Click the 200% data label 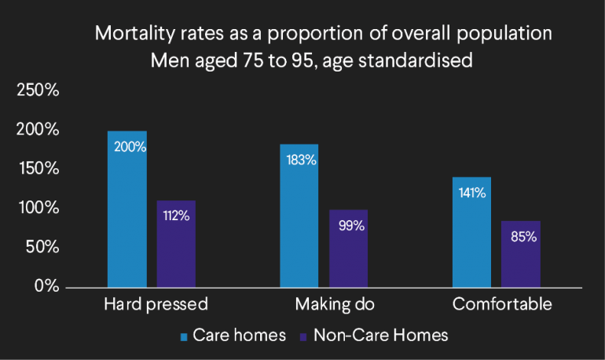[x=128, y=146]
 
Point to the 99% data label [x=349, y=226]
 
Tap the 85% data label [x=521, y=237]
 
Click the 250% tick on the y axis [x=38, y=90]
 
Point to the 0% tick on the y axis [x=46, y=286]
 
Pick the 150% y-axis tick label [x=38, y=169]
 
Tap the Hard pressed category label [x=155, y=304]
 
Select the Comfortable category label [x=497, y=304]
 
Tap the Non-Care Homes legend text [x=380, y=336]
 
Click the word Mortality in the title [x=130, y=35]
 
